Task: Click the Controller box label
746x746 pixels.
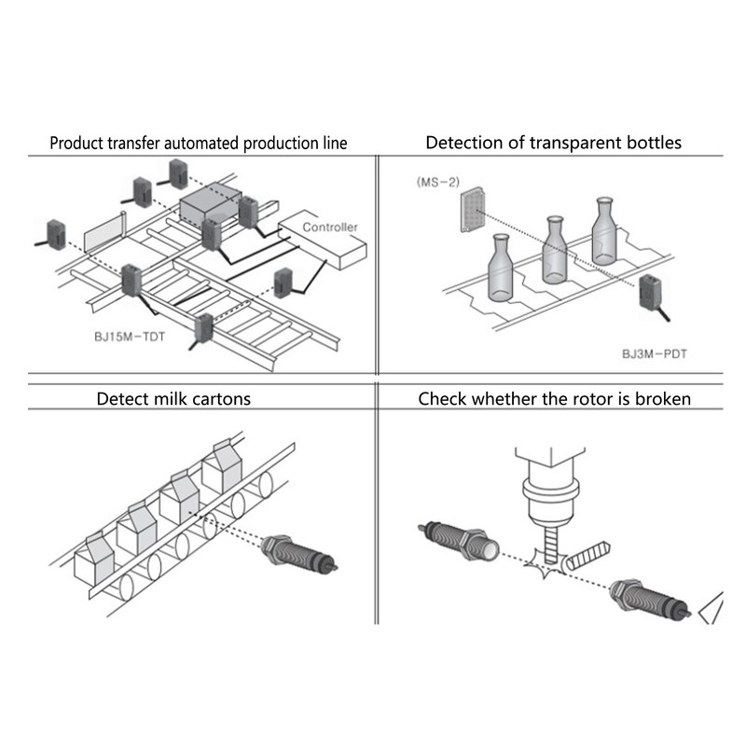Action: [330, 227]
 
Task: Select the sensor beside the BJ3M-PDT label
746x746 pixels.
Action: [649, 297]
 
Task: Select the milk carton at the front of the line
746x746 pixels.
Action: [93, 558]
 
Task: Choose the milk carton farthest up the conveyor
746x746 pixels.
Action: [222, 466]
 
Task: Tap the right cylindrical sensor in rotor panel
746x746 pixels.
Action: [649, 598]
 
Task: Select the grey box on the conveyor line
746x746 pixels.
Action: [211, 202]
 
